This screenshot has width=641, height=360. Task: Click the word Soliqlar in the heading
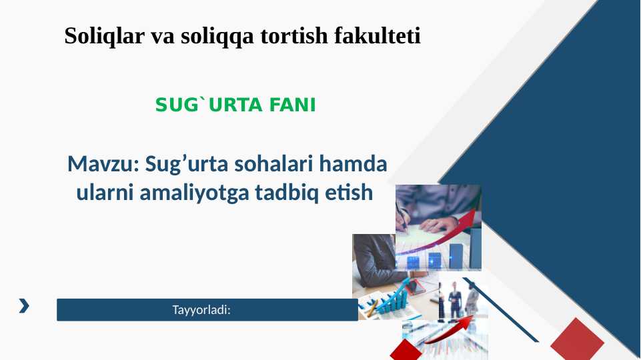(105, 35)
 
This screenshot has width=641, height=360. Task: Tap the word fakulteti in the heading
(378, 35)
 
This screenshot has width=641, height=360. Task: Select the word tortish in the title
(294, 35)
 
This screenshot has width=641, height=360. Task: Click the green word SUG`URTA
(209, 105)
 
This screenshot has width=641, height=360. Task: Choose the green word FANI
(293, 105)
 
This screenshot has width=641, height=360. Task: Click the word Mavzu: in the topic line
(103, 164)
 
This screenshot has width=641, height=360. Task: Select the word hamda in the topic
(354, 164)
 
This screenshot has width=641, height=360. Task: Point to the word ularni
(105, 193)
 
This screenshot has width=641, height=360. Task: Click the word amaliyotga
(194, 193)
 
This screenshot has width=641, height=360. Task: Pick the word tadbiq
(287, 193)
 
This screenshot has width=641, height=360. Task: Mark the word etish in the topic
(349, 193)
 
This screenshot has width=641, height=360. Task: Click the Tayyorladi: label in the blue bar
(201, 310)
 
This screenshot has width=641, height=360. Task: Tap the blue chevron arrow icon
(24, 305)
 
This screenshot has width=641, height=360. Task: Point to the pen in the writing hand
(401, 215)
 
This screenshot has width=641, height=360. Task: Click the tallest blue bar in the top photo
(476, 249)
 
